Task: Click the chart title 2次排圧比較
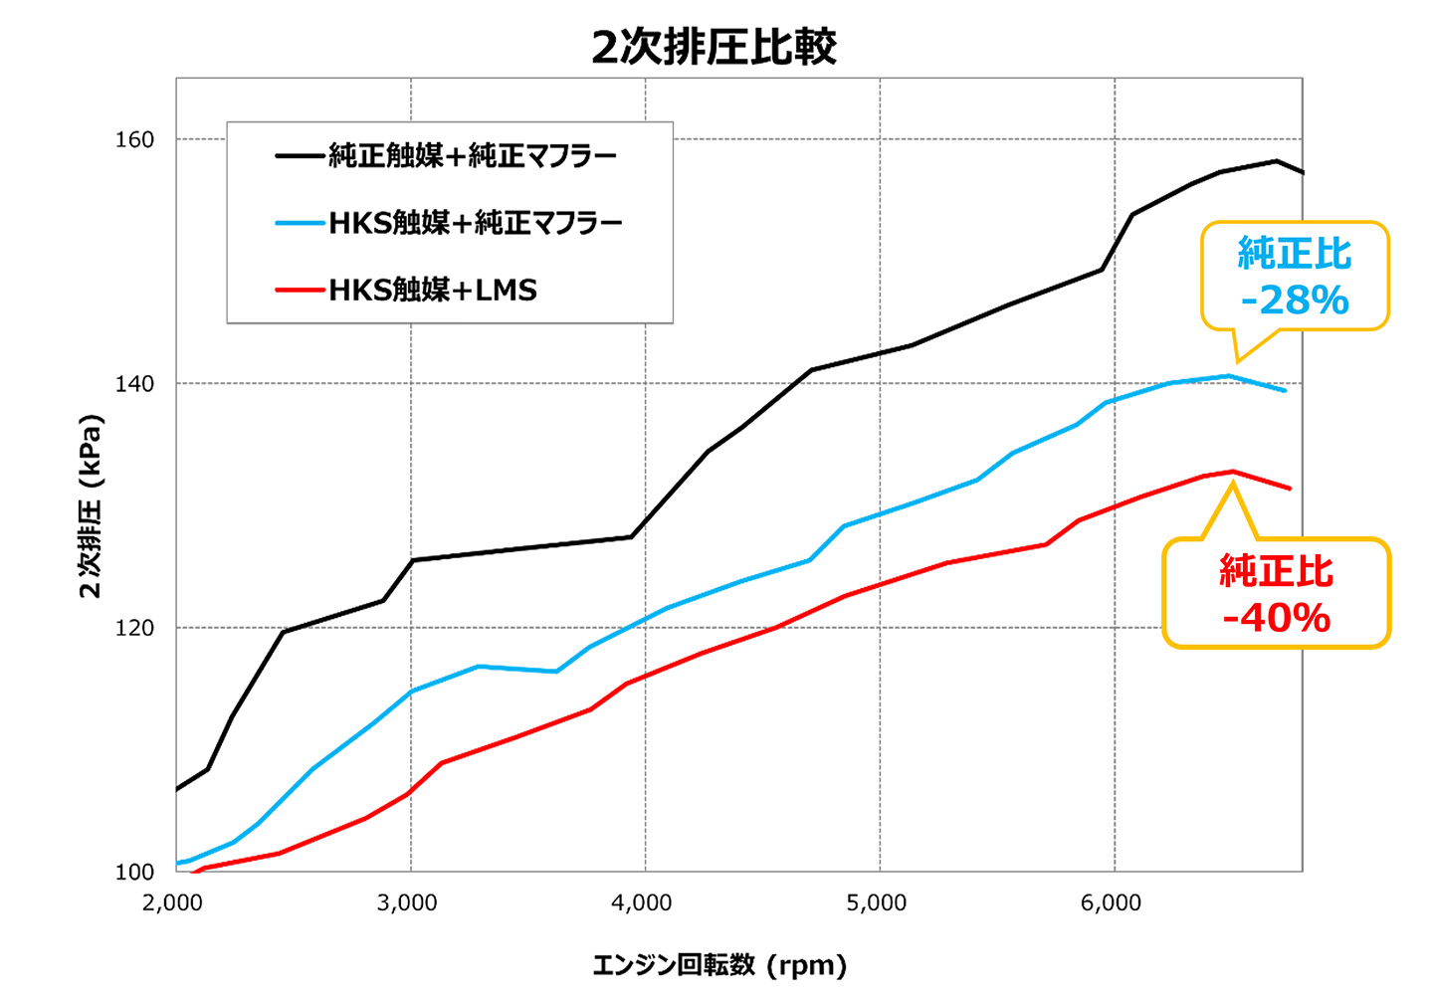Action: pos(714,47)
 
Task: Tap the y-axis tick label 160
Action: pos(135,139)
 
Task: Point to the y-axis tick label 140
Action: pos(135,383)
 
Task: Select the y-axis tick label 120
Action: pos(135,628)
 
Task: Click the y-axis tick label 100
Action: pos(135,872)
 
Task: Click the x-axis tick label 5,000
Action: pos(877,903)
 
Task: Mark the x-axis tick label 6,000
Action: pos(1112,903)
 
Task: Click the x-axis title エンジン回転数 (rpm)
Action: pos(719,965)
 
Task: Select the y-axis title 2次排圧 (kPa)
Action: pos(91,505)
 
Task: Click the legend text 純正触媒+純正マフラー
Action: pos(473,155)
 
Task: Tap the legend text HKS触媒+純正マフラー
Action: pos(476,223)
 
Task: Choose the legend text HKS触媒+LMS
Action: pos(433,291)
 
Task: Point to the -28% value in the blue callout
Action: pos(1295,299)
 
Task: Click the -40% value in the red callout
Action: pos(1276,618)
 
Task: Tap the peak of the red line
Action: pos(1232,472)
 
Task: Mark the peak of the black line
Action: pos(1276,160)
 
